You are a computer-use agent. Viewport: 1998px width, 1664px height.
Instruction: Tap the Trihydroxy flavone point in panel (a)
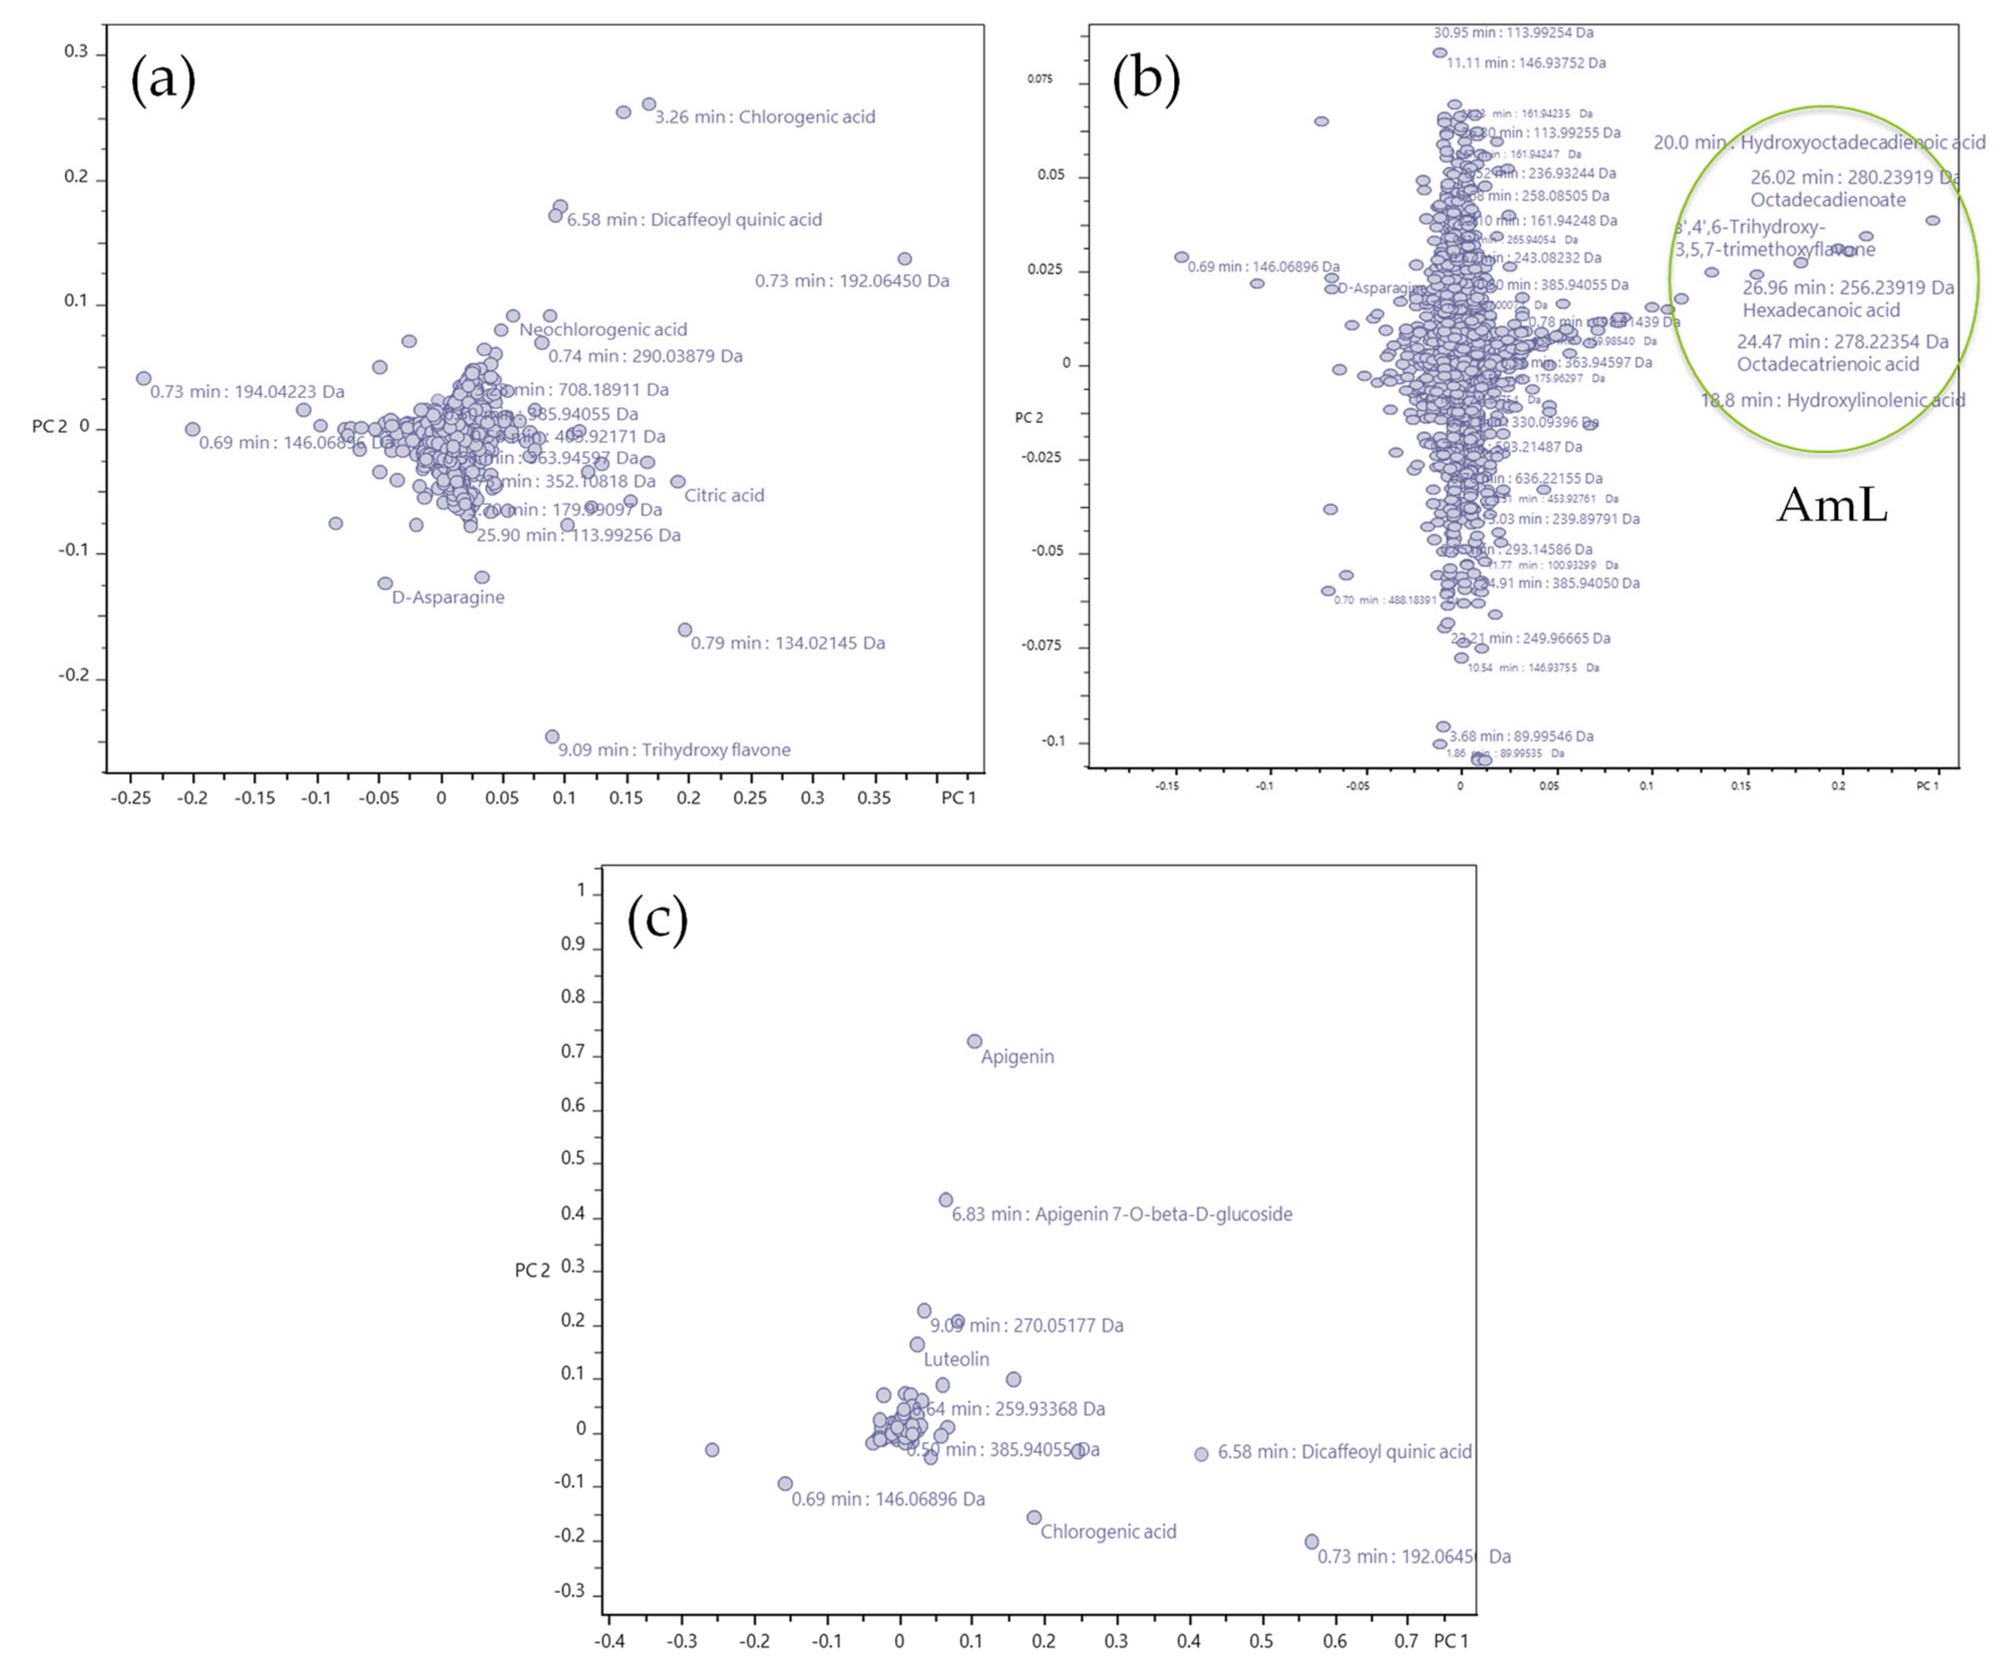click(552, 736)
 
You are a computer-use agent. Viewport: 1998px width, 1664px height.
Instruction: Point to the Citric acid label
click(724, 496)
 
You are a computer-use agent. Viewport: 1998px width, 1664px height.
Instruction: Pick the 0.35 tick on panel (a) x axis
click(873, 797)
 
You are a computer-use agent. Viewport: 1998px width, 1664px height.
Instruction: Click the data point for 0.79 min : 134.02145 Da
click(685, 630)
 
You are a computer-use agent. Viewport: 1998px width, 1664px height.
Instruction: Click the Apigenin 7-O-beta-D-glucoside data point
click(946, 1200)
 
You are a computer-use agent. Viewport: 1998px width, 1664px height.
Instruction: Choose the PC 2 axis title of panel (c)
click(532, 1270)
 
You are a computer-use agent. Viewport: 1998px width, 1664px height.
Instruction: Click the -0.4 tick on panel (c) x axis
click(609, 1640)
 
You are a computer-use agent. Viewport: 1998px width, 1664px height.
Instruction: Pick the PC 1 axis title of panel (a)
click(958, 797)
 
